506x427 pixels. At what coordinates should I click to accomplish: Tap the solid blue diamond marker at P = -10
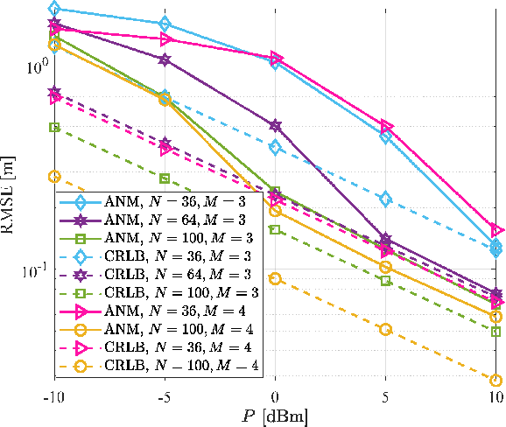(54, 9)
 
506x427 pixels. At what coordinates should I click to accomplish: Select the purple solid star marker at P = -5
(165, 59)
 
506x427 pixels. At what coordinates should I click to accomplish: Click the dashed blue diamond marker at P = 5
(386, 199)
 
